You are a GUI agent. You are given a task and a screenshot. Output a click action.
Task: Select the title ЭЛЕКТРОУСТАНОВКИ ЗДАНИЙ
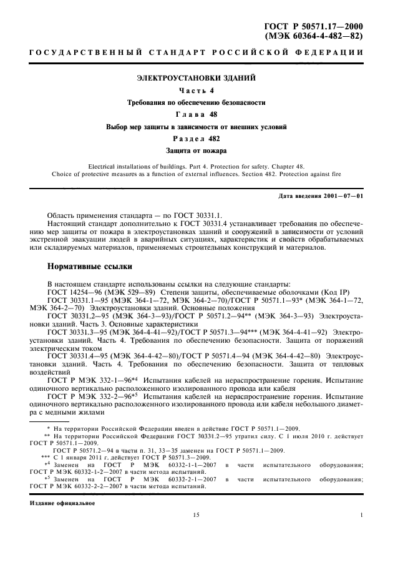pyautogui.click(x=196, y=79)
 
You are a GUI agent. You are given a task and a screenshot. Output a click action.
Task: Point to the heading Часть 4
pyautogui.click(x=196, y=91)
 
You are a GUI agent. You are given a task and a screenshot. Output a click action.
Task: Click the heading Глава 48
pyautogui.click(x=196, y=114)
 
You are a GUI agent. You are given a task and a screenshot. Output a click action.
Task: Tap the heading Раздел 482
pyautogui.click(x=196, y=139)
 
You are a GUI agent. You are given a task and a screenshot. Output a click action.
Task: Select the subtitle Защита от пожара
pyautogui.click(x=196, y=150)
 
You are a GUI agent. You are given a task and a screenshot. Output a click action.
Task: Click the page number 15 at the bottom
pyautogui.click(x=196, y=516)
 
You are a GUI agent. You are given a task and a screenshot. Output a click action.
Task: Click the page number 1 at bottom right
pyautogui.click(x=361, y=516)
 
